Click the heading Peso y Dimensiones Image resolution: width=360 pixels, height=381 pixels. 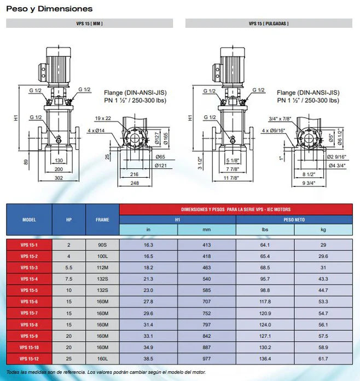tap(49, 9)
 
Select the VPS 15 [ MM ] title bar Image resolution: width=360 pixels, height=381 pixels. tap(89, 24)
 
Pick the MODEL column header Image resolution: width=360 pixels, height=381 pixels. tap(29, 220)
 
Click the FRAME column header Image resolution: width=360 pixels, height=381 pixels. tap(102, 220)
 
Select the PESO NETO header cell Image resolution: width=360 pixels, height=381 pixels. tap(294, 219)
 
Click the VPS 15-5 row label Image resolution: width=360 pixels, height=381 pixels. tap(29, 290)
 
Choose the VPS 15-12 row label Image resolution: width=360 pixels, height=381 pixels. tap(29, 359)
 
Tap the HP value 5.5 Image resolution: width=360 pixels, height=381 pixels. tap(69, 267)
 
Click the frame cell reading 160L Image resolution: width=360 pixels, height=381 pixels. tap(102, 359)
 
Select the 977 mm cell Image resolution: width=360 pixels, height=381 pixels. tap(207, 359)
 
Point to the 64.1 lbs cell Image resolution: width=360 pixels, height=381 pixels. tap(265, 245)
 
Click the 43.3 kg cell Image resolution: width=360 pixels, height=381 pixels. tap(323, 279)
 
